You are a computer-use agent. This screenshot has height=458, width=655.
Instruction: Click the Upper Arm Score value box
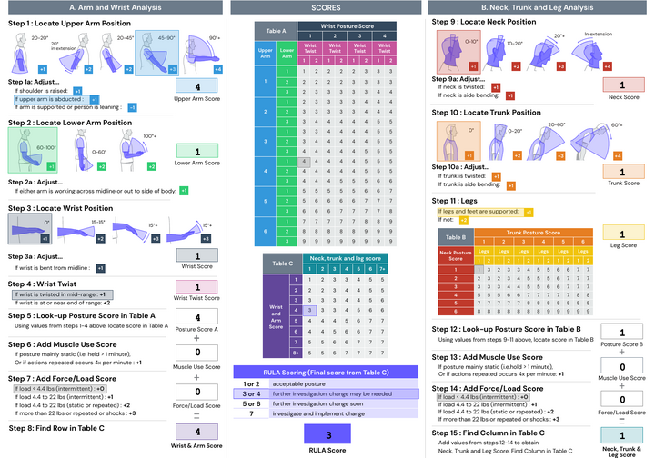198,87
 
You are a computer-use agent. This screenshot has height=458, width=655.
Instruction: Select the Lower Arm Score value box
198,150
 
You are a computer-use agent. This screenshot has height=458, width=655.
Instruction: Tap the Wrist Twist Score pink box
198,286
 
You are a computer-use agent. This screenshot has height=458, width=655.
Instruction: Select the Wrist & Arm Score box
198,430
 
